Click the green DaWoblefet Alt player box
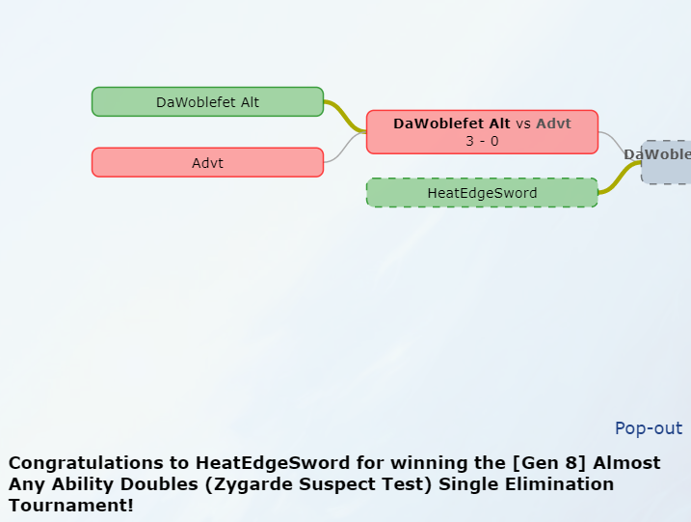pyautogui.click(x=207, y=101)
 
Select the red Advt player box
pyautogui.click(x=207, y=162)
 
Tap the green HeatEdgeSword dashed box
pyautogui.click(x=482, y=193)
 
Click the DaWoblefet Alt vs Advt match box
pyautogui.click(x=482, y=132)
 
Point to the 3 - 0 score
pyautogui.click(x=482, y=141)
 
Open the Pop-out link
pyautogui.click(x=648, y=428)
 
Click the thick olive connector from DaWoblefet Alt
pyautogui.click(x=345, y=113)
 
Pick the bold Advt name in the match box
pyautogui.click(x=553, y=124)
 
